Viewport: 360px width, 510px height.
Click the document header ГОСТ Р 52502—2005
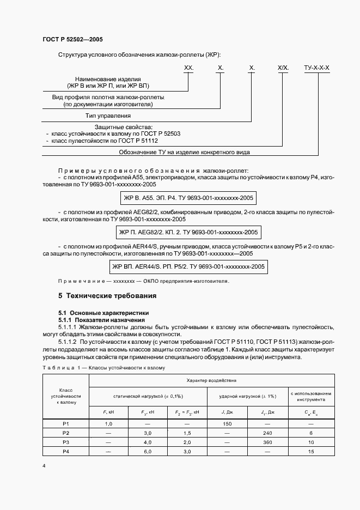[x=72, y=40]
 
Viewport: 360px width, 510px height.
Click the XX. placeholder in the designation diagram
[x=189, y=68]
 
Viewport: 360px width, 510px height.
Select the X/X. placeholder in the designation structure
[x=283, y=68]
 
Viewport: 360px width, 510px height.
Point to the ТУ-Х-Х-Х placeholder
[x=316, y=68]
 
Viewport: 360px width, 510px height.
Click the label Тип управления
[x=108, y=116]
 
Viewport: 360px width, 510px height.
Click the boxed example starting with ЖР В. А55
[x=188, y=197]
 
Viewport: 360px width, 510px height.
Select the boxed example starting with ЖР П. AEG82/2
[x=188, y=232]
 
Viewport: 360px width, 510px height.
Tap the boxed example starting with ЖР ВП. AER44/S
[x=188, y=266]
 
